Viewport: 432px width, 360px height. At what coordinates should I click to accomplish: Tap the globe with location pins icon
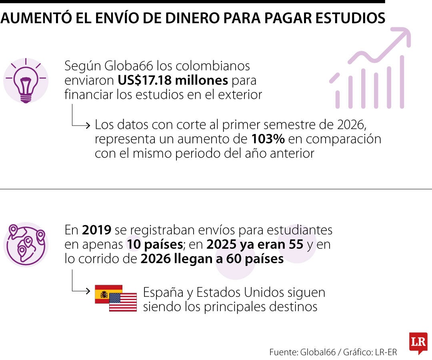tap(26, 244)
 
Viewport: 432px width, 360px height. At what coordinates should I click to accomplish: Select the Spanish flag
tap(108, 294)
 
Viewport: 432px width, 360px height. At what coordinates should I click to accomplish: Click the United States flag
tap(123, 302)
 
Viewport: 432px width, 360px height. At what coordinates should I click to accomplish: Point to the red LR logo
tap(418, 343)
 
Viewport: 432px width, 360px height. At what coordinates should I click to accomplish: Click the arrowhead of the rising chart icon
tap(404, 34)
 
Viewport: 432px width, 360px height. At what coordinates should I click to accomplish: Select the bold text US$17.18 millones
tap(173, 80)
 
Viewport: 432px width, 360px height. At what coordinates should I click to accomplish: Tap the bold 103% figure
tap(268, 139)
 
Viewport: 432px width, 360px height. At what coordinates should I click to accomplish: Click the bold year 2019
tap(96, 230)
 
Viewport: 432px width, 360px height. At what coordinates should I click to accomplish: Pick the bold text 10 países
tap(154, 244)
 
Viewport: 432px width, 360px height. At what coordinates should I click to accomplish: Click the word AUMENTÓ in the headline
tap(36, 18)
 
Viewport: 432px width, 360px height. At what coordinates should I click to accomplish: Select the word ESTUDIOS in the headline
tap(350, 18)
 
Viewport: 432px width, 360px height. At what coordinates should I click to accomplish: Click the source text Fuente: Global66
tap(302, 352)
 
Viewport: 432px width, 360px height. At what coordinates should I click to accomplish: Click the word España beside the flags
tap(163, 293)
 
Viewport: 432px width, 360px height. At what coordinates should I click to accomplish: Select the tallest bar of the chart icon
tap(402, 82)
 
